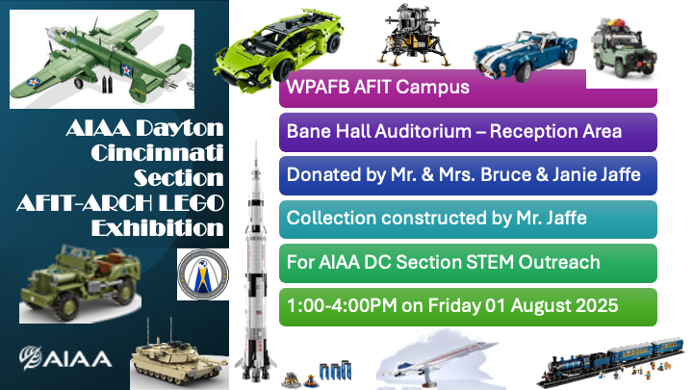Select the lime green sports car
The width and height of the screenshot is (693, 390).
(x=278, y=49)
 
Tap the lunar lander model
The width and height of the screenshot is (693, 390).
(x=413, y=36)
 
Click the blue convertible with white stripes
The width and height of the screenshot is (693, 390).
(x=526, y=55)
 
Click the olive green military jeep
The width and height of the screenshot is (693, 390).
(x=81, y=282)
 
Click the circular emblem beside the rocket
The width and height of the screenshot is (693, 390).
(x=203, y=274)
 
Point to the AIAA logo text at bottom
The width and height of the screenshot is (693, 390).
(x=65, y=358)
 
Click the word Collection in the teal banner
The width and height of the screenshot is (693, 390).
(x=331, y=218)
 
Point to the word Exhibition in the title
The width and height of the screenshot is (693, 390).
(x=157, y=227)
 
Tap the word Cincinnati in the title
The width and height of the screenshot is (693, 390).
(x=157, y=152)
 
